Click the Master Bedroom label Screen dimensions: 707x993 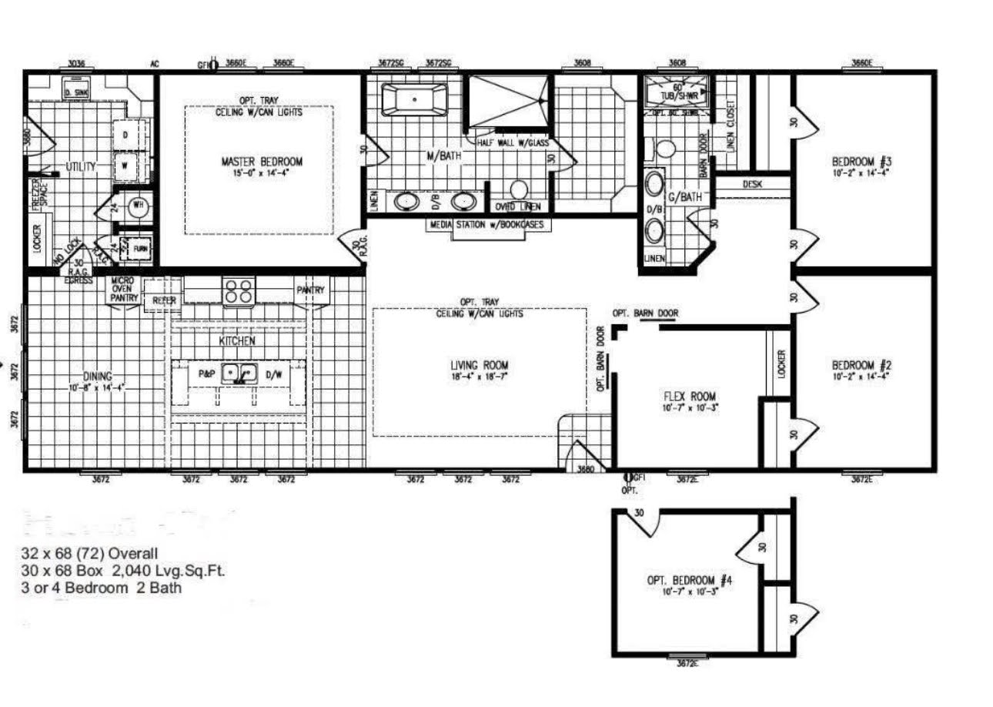click(262, 162)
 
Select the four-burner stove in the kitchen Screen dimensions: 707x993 click(238, 291)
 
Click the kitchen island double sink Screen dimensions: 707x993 click(239, 374)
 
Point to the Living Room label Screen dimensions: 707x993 click(479, 365)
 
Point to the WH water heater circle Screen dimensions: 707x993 click(139, 206)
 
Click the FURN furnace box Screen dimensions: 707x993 click(141, 250)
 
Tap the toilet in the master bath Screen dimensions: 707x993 click(520, 189)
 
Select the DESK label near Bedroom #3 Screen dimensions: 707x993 click(752, 185)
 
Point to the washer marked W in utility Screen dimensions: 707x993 click(125, 165)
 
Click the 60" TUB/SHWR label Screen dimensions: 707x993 click(678, 92)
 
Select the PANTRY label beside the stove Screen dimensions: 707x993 click(311, 290)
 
